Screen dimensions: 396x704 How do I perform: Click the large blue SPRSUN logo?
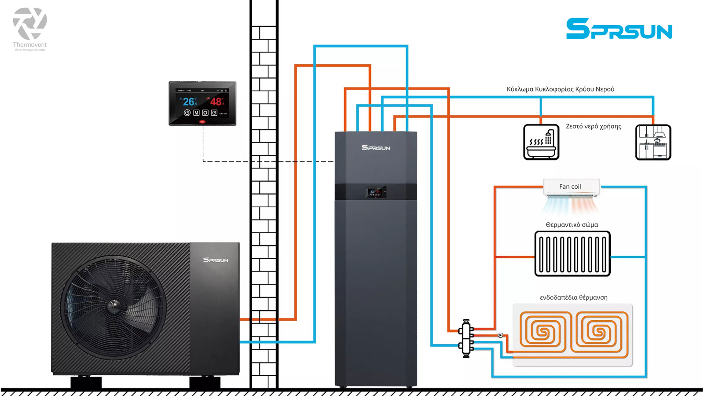619,29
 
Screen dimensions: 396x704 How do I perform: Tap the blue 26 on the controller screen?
190,102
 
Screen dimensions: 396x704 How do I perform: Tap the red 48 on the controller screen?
216,102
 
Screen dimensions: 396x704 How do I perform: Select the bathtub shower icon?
541,142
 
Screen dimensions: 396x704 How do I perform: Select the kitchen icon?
653,142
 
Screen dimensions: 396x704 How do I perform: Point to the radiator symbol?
572,254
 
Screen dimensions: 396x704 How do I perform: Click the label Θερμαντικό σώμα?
572,225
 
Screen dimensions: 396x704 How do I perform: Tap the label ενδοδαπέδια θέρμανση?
573,297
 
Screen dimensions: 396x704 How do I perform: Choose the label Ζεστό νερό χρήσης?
593,126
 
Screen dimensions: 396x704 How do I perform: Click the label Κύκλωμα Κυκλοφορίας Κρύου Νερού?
560,89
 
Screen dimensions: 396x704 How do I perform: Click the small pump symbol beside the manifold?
500,335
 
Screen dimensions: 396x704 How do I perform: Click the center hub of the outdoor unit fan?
114,304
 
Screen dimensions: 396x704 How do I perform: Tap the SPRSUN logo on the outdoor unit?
216,260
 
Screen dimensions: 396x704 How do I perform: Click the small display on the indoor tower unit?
375,192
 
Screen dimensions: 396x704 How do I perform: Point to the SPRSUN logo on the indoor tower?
376,148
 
